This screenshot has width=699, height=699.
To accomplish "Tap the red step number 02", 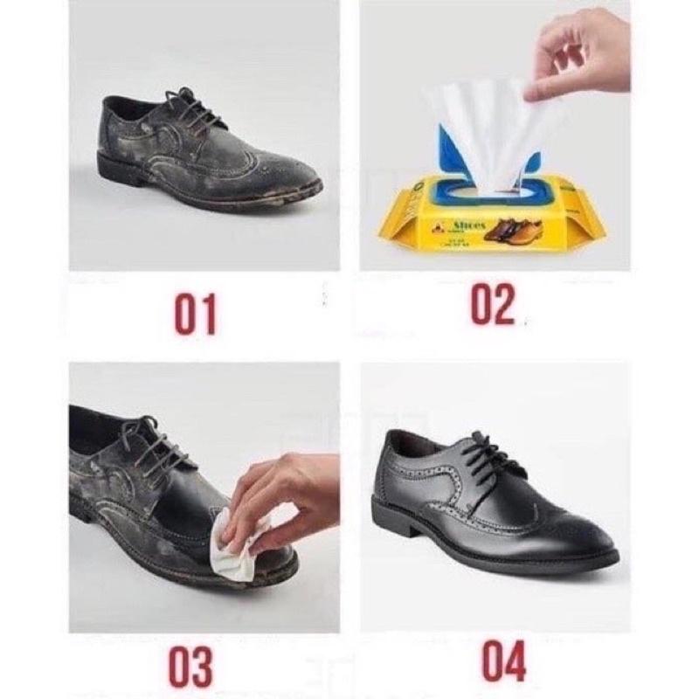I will click(x=493, y=306).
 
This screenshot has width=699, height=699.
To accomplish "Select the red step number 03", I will click(x=191, y=666).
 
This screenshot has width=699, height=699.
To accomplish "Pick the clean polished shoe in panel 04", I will click(x=489, y=507).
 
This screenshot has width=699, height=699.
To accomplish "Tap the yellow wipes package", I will click(x=489, y=214).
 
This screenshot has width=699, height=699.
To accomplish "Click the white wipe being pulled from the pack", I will click(x=489, y=131).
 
